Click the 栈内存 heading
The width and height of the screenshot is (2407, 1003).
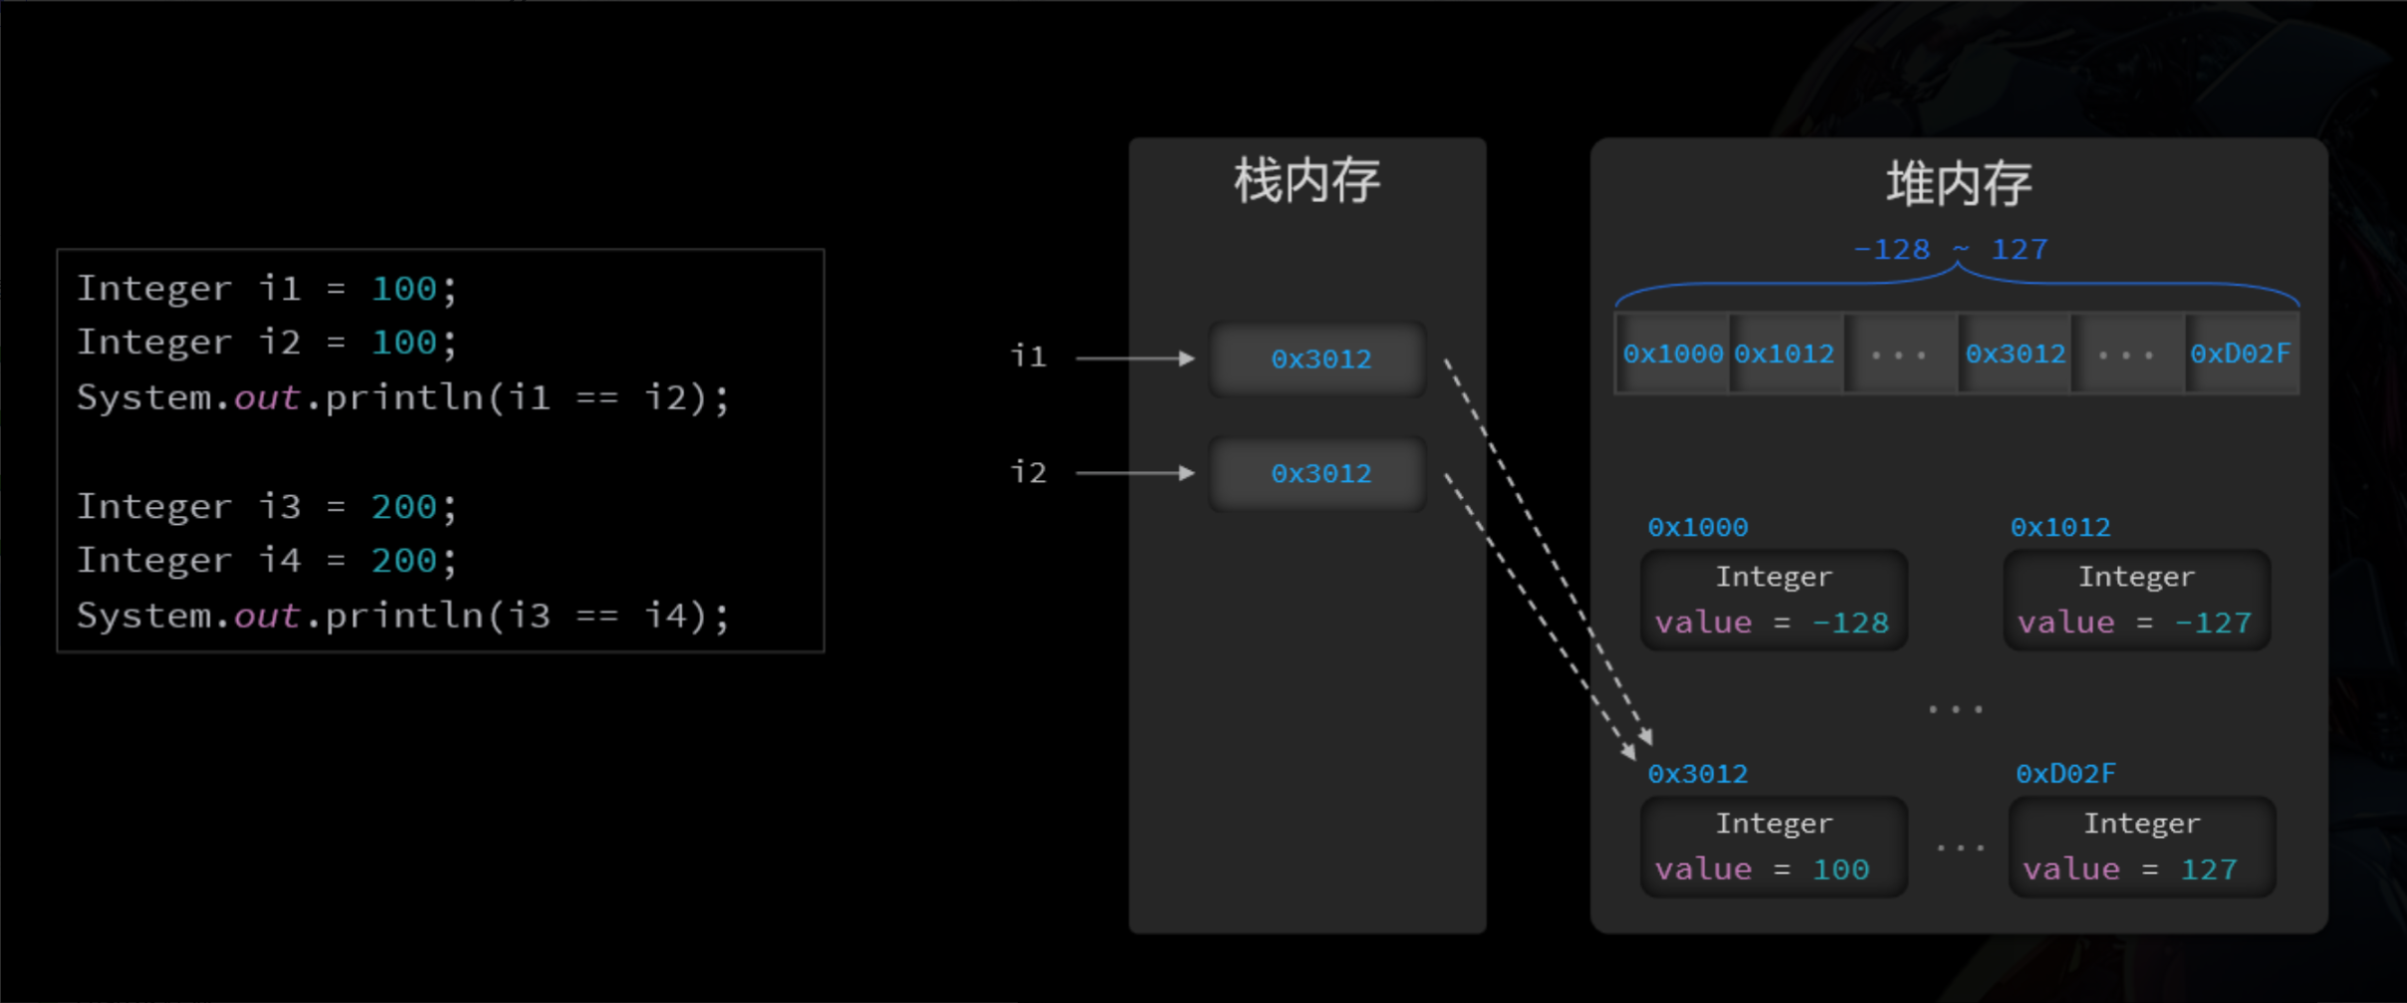coord(1307,181)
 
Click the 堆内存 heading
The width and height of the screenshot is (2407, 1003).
coord(1958,184)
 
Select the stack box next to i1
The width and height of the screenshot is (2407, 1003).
coord(1319,359)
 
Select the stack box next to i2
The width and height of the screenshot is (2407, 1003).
coord(1319,473)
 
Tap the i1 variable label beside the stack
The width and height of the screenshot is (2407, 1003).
coord(1029,357)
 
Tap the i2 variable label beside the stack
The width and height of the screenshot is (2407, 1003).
coord(1029,471)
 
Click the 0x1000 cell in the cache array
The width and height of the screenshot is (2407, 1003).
coord(1672,354)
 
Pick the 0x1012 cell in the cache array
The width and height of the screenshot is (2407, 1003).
coord(1784,354)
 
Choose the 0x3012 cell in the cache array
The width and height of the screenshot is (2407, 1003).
coord(2015,354)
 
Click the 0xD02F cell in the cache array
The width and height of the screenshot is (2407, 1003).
coord(2240,354)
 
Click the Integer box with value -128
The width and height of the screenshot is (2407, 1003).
coord(1773,600)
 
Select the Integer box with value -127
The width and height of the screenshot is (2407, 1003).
coord(2136,600)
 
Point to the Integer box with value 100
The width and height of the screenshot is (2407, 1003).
coord(1773,847)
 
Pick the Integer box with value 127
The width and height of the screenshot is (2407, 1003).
coord(2141,847)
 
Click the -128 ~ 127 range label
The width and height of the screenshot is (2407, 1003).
coord(1950,249)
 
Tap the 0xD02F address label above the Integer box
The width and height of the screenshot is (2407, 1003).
coord(2065,774)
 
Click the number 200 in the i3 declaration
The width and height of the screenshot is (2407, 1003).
coord(403,507)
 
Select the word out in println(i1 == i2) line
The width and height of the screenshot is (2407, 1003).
coord(266,397)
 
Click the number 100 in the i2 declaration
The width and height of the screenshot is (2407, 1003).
coord(403,343)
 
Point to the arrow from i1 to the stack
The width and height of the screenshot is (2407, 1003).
coord(1135,358)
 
